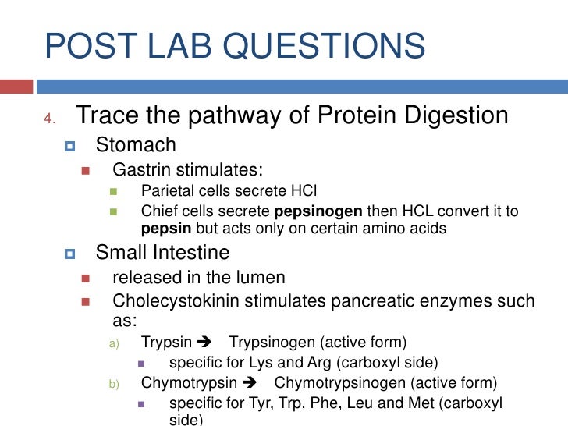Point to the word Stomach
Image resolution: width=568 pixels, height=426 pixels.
pos(136,145)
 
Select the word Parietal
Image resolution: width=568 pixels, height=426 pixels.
pos(168,191)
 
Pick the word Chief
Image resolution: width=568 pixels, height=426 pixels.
pos(158,211)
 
